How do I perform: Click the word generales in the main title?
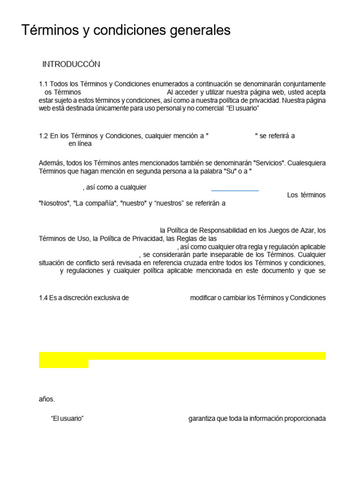coord(202,31)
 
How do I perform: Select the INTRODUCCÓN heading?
coord(71,64)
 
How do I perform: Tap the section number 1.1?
coord(44,84)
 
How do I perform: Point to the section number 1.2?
coord(44,136)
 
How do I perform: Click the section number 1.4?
coord(44,298)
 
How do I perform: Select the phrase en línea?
coord(80,144)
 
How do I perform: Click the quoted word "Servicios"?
coord(269,163)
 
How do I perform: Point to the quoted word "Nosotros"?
coord(54,203)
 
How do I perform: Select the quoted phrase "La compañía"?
coord(94,203)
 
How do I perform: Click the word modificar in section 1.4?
coord(204,298)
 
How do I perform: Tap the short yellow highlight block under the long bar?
coord(64,364)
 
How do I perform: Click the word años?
coord(47,399)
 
